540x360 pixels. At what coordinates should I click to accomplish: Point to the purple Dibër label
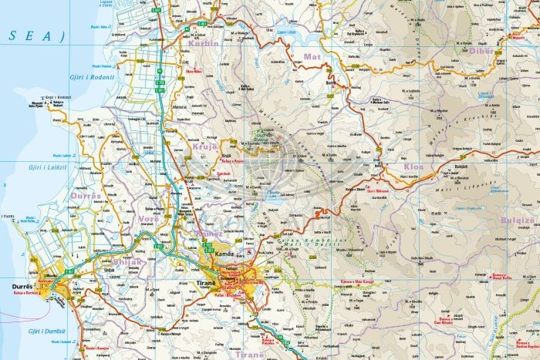[x=480, y=50]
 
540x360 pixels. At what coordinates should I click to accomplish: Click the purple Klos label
[x=413, y=166]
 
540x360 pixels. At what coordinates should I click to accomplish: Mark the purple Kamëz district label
[x=209, y=233]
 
